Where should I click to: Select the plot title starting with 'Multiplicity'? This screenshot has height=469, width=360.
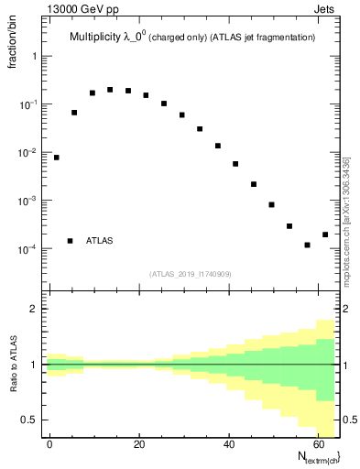coord(192,38)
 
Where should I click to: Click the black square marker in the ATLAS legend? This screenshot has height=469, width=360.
coord(70,241)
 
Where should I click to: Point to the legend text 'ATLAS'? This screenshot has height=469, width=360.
coord(100,241)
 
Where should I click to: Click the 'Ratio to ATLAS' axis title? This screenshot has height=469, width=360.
coord(12,365)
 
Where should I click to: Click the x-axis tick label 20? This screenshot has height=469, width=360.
coord(139,443)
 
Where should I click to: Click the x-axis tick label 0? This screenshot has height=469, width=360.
coord(49,443)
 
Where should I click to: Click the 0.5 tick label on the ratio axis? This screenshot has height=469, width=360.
coord(28,420)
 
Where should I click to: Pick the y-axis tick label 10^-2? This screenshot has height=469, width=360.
coord(27,153)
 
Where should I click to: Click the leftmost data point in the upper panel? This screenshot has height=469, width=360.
coord(56,158)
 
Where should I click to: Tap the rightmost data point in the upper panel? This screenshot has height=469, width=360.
coord(325,234)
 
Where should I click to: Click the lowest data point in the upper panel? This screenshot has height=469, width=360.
coord(308,245)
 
